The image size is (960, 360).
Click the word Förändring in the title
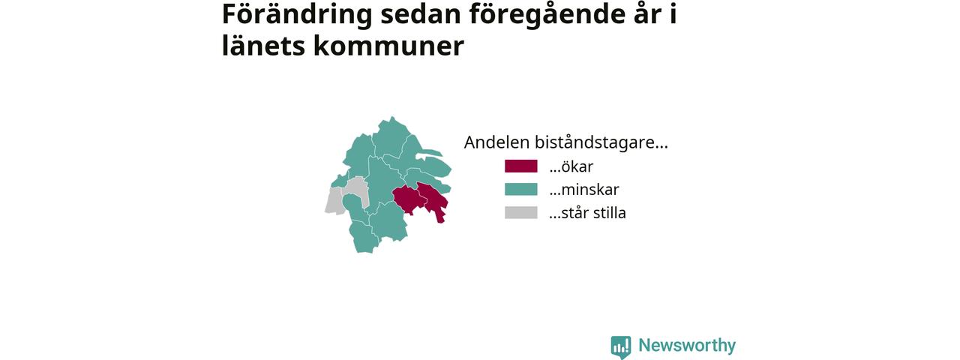tap(297, 15)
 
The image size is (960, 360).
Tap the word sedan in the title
tap(421, 14)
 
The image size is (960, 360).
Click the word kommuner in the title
tap(388, 46)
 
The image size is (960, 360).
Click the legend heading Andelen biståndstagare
tap(565, 142)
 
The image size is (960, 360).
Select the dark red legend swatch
tap(520, 166)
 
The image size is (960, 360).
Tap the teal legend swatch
tap(520, 190)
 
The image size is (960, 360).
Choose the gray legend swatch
tap(520, 212)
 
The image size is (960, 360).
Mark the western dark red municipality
tap(408, 199)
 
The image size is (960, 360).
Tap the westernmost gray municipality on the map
tap(334, 200)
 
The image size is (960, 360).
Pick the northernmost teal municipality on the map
tap(390, 137)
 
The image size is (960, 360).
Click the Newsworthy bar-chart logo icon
tap(621, 346)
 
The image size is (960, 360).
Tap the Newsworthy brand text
tap(687, 346)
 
